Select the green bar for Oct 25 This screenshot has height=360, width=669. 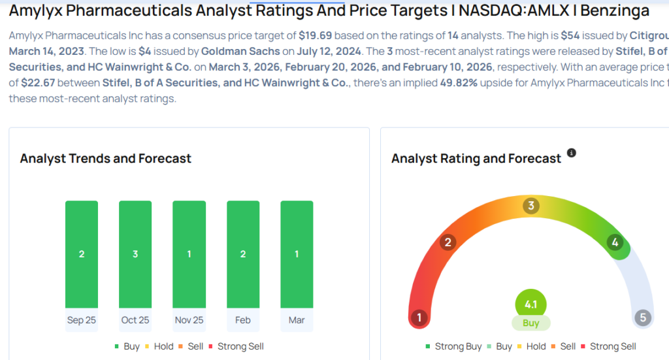135,254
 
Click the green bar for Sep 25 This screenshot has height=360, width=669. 82,254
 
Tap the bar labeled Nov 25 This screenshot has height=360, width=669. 189,254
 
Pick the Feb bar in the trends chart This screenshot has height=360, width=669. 243,254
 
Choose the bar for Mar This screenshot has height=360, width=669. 297,254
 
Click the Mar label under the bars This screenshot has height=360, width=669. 297,320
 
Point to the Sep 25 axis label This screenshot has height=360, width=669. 82,320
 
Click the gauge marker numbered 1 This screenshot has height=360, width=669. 419,318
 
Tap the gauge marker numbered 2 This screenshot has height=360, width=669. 448,243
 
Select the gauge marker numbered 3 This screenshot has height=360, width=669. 531,206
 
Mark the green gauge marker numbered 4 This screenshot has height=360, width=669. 615,243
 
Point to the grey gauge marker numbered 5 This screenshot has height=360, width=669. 643,318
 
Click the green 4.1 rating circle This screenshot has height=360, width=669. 530,304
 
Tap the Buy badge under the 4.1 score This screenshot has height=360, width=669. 530,323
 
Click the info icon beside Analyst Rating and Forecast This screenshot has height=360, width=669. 572,153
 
